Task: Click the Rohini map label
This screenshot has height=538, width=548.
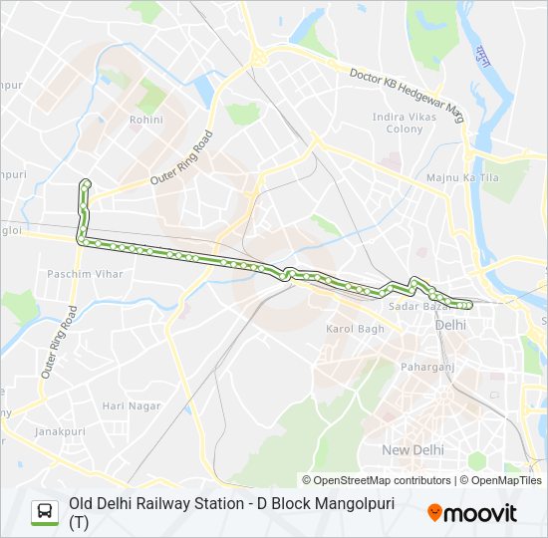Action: (x=145, y=120)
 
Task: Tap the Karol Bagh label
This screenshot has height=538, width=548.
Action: (x=355, y=329)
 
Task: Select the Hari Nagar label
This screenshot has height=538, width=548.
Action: (x=131, y=405)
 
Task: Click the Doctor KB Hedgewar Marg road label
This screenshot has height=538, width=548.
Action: (x=408, y=90)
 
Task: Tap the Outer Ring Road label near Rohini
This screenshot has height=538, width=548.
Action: (x=182, y=158)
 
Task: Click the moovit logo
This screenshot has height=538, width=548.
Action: (x=472, y=513)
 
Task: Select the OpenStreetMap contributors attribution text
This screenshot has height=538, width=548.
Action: (x=377, y=480)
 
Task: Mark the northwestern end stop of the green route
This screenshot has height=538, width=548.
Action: (x=86, y=182)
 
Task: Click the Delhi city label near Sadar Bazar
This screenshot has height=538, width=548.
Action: (x=450, y=325)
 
